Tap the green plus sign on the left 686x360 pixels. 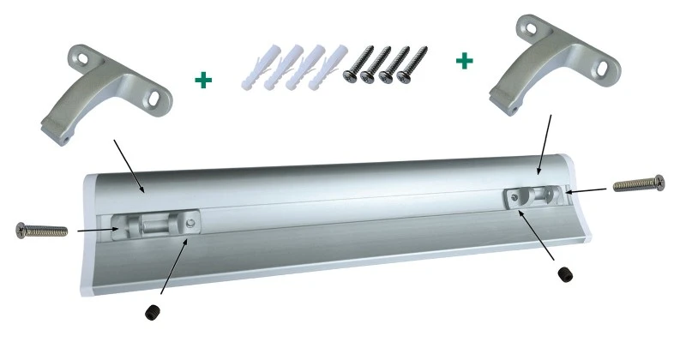click(203, 81)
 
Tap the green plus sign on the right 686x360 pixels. click(464, 61)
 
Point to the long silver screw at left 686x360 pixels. click(41, 229)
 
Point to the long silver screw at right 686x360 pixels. click(639, 183)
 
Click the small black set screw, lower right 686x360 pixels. click(563, 273)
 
